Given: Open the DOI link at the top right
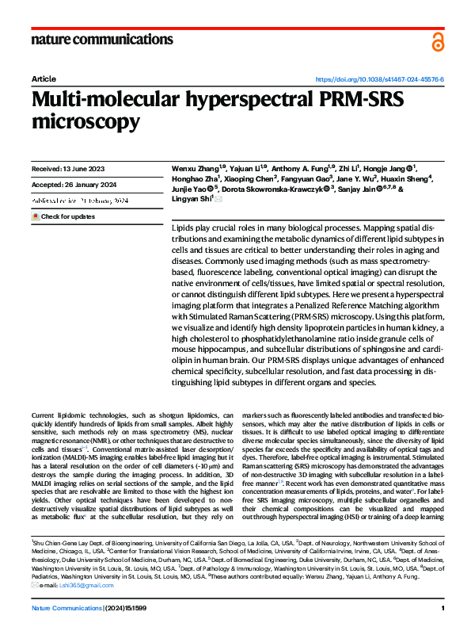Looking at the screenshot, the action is coord(380,80).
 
